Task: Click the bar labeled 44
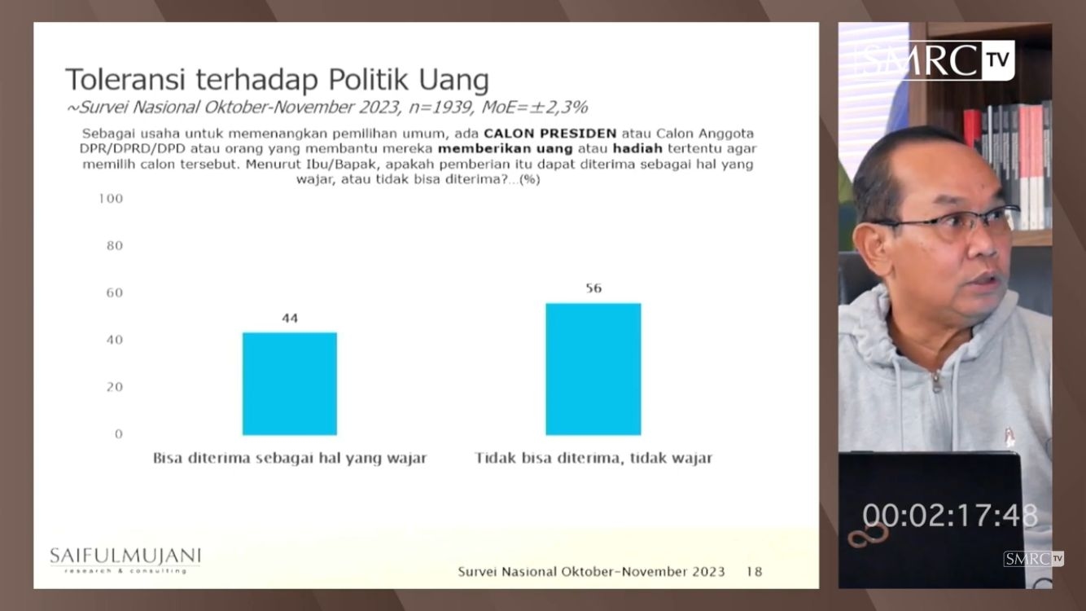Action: coord(290,384)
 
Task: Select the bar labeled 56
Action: coord(593,369)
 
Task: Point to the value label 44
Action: coord(290,319)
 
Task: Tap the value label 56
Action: coord(593,288)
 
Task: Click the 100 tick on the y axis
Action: coord(111,199)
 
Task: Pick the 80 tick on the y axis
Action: coord(115,245)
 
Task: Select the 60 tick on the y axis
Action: coord(115,292)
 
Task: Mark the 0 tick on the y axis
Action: coord(119,434)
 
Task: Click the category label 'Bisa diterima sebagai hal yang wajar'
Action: coord(290,458)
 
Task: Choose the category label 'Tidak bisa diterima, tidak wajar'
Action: coord(593,458)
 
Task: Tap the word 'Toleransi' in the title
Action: coord(125,80)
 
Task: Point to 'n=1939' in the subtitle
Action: coord(440,107)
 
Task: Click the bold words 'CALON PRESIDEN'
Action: coord(550,133)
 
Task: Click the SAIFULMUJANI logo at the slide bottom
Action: coord(125,560)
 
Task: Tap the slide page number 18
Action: coord(755,572)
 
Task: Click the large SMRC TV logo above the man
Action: coord(933,60)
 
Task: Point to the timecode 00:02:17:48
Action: coord(950,516)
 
